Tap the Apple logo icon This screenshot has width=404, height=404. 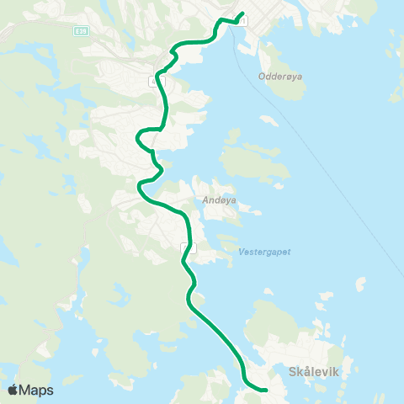pyautogui.click(x=13, y=390)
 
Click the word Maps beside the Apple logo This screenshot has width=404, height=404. pyautogui.click(x=37, y=390)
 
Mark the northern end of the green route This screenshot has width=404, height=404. pyautogui.click(x=242, y=13)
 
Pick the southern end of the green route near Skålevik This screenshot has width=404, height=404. pyautogui.click(x=265, y=390)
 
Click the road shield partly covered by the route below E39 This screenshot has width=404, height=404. pyautogui.click(x=157, y=82)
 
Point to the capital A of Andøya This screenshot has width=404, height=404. pyautogui.click(x=205, y=200)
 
